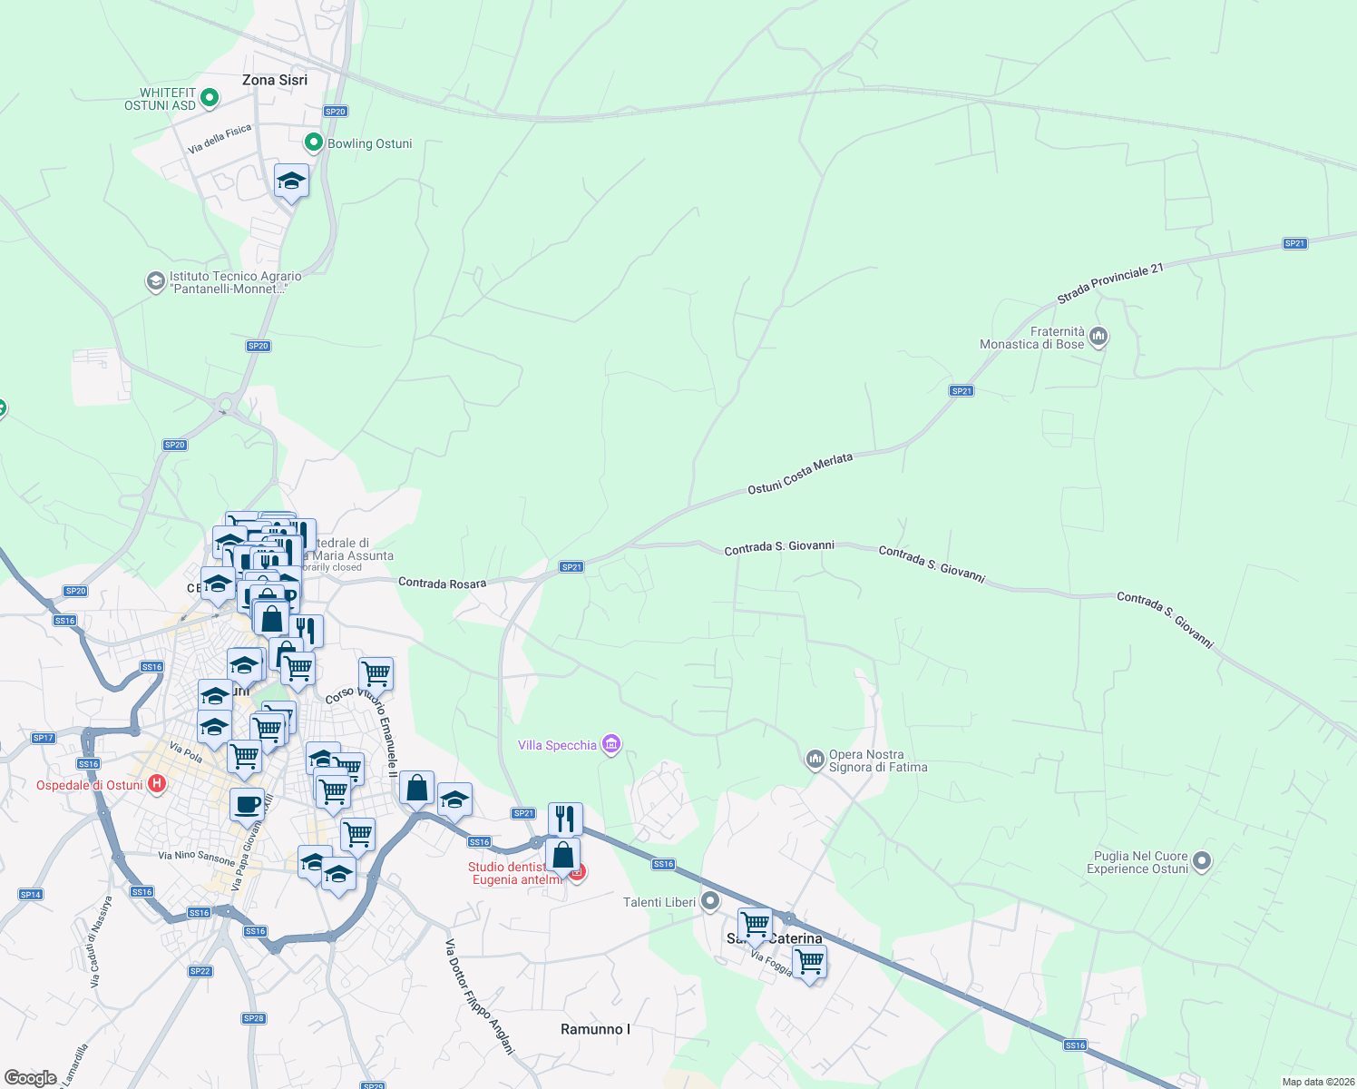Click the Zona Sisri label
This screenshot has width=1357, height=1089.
point(274,80)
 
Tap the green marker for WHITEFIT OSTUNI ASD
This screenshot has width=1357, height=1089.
point(210,97)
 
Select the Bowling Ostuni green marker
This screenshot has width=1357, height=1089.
point(313,142)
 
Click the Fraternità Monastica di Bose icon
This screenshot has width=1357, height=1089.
point(1098,338)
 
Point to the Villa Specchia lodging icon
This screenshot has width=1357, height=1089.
point(611,745)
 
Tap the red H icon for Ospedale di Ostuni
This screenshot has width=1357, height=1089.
point(157,784)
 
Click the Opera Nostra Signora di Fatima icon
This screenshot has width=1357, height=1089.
point(815,759)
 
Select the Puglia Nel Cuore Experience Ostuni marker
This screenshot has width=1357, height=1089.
point(1202,861)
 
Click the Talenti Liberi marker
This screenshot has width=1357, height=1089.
point(710,901)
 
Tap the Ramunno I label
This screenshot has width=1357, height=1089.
point(595,1029)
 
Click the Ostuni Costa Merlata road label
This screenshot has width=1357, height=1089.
point(800,474)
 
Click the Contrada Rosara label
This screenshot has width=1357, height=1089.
point(442,583)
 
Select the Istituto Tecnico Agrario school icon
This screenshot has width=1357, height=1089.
point(156,281)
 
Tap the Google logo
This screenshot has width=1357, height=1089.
point(31,1078)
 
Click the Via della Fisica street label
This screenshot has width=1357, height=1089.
point(220,139)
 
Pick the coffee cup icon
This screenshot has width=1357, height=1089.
point(247,803)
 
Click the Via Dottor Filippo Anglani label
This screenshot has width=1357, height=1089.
point(479,997)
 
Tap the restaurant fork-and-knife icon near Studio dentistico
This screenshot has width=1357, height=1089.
point(565,819)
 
